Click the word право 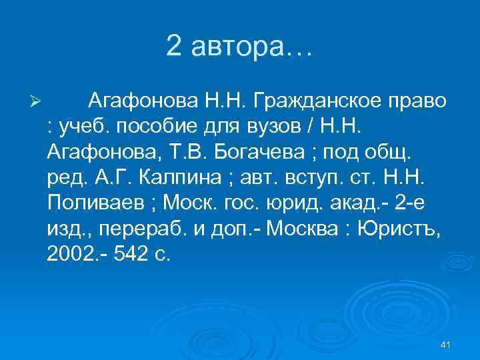pyautogui.click(x=417, y=103)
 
